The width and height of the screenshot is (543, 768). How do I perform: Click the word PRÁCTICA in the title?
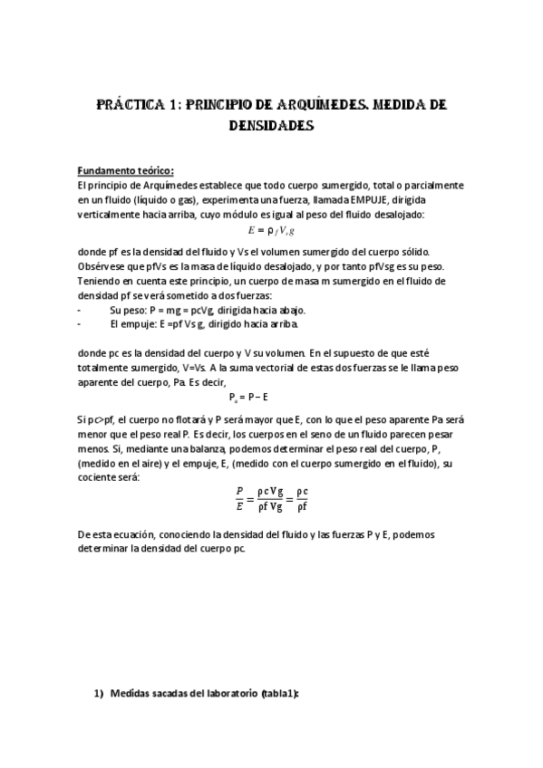pos(132,105)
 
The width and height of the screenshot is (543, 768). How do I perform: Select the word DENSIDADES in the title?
pos(272,127)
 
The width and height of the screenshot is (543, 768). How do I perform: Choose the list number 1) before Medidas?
pos(100,693)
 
